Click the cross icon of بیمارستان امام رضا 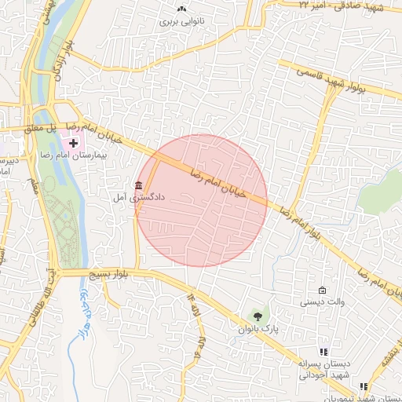pos(74,143)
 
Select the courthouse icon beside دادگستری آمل pos(139,186)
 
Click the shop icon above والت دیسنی pos(322,290)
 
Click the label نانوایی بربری pos(181,22)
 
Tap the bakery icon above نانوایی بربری pos(182,9)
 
